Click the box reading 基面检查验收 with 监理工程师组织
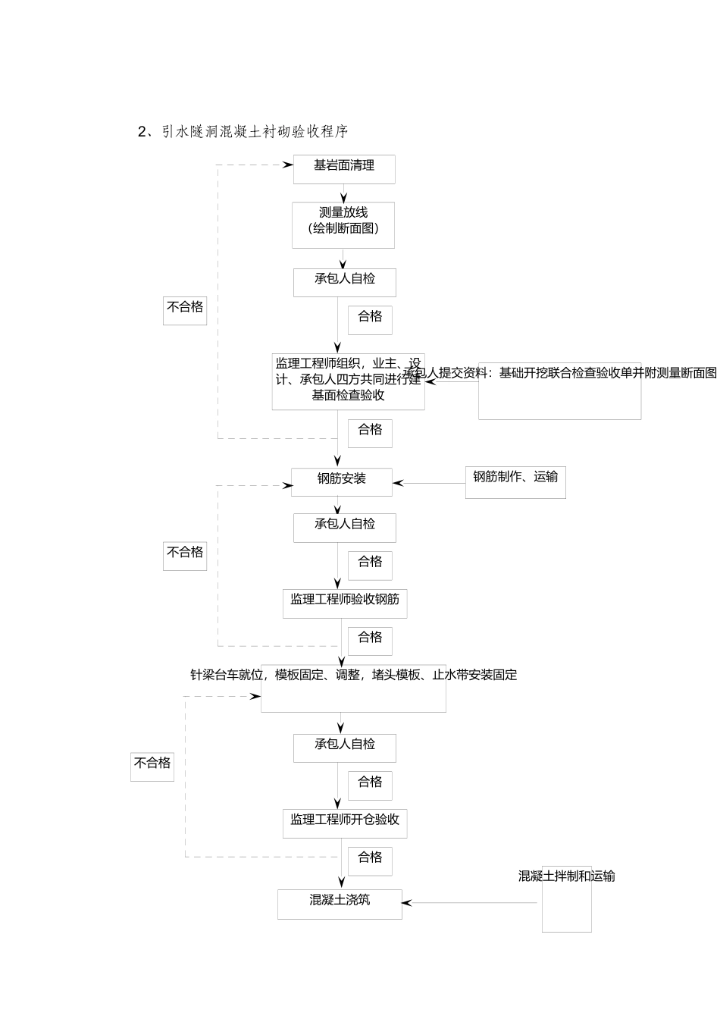pyautogui.click(x=348, y=381)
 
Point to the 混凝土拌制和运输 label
pyautogui.click(x=566, y=876)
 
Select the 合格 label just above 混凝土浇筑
pyautogui.click(x=370, y=858)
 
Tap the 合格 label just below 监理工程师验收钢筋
pyautogui.click(x=370, y=638)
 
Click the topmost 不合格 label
pyautogui.click(x=185, y=307)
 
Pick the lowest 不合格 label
pyautogui.click(x=152, y=763)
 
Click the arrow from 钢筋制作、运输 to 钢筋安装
pyautogui.click(x=429, y=483)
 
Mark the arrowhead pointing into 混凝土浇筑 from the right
pyautogui.click(x=406, y=903)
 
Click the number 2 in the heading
pyautogui.click(x=142, y=132)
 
